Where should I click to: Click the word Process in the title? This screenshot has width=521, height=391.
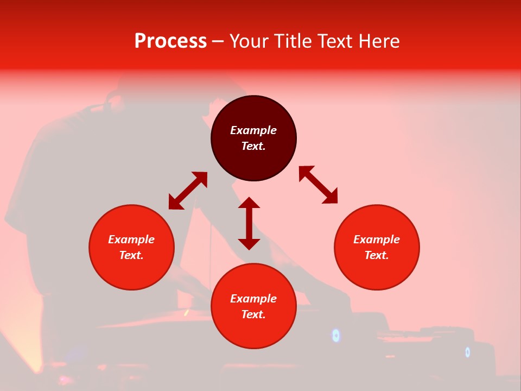170,41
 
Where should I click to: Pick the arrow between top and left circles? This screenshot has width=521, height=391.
188,191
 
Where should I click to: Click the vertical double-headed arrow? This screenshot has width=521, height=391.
249,223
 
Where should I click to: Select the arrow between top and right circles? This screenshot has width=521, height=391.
318,185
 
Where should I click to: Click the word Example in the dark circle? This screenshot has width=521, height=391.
253,130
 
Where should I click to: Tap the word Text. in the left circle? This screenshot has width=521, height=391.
131,255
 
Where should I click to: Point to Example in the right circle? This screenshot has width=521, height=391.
377,239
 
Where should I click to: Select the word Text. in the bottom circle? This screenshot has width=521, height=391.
253,314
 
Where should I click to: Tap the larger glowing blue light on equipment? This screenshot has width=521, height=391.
336,335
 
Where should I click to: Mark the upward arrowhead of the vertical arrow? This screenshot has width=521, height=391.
249,203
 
